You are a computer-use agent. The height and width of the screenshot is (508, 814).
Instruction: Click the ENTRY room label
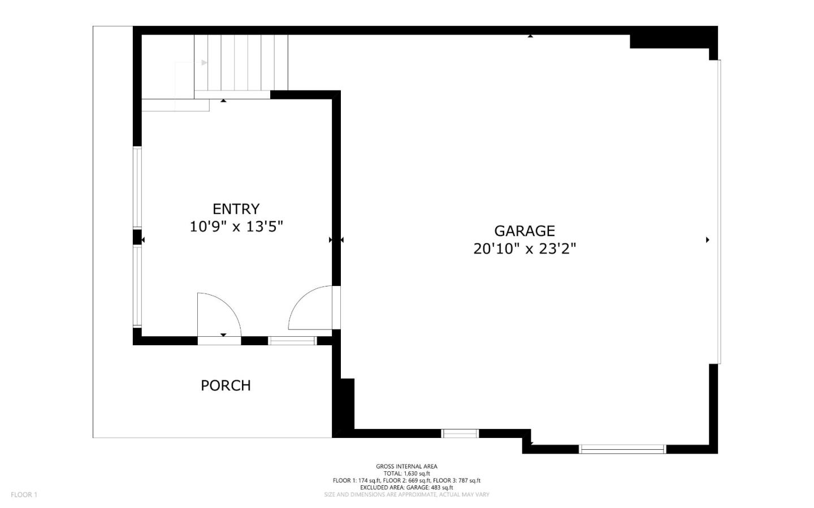(236, 209)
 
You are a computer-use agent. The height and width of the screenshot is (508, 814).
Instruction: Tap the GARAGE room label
(525, 231)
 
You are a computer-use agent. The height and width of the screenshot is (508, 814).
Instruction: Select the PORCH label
(226, 385)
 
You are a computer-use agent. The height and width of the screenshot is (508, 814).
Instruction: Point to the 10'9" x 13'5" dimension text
(236, 227)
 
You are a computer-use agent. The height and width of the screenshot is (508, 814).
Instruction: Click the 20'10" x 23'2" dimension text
(525, 249)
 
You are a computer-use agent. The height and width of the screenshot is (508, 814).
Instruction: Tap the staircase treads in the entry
(241, 63)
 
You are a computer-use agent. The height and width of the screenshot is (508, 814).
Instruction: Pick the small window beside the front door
(293, 341)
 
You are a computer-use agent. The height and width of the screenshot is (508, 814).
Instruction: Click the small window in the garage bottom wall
(460, 433)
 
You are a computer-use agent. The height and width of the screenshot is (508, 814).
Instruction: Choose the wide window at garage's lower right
(622, 449)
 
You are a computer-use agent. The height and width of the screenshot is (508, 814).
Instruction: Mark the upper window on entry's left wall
(137, 187)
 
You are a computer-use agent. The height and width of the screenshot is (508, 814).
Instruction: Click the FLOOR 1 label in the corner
(24, 494)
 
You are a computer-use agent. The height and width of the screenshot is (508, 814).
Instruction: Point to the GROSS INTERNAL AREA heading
(406, 466)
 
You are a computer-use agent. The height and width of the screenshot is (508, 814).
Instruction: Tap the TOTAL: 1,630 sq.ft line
(406, 474)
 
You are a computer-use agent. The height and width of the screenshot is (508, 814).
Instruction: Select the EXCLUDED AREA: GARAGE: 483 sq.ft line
(406, 488)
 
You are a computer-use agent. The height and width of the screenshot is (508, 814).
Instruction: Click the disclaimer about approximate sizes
(406, 494)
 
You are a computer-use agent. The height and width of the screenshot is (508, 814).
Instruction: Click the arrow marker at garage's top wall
(530, 36)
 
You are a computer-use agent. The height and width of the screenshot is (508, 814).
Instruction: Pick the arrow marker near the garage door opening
(708, 240)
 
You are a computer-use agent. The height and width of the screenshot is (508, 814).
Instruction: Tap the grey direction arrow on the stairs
(205, 63)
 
